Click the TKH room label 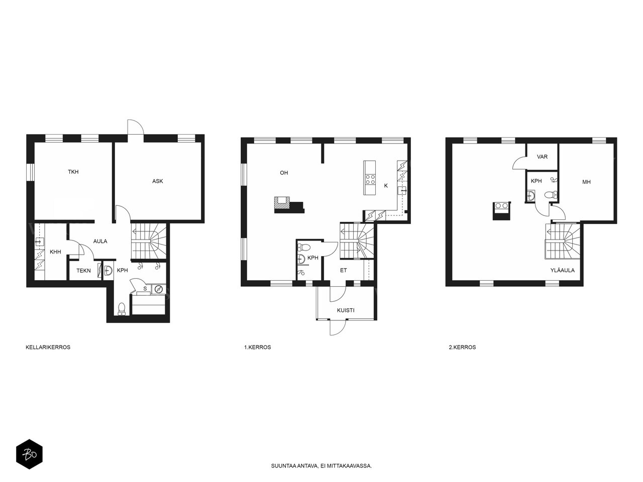[73, 172]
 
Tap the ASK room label [157, 181]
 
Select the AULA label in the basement [100, 241]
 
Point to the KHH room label [55, 252]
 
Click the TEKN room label [84, 271]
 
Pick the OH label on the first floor [284, 173]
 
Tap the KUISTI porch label [346, 310]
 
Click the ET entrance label [343, 271]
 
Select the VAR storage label [542, 157]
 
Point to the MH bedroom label [586, 182]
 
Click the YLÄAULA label [563, 270]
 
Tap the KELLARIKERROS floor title [48, 347]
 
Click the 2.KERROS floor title [462, 347]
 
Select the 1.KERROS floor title [258, 347]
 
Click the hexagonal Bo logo [29, 454]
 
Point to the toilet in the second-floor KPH [551, 195]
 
